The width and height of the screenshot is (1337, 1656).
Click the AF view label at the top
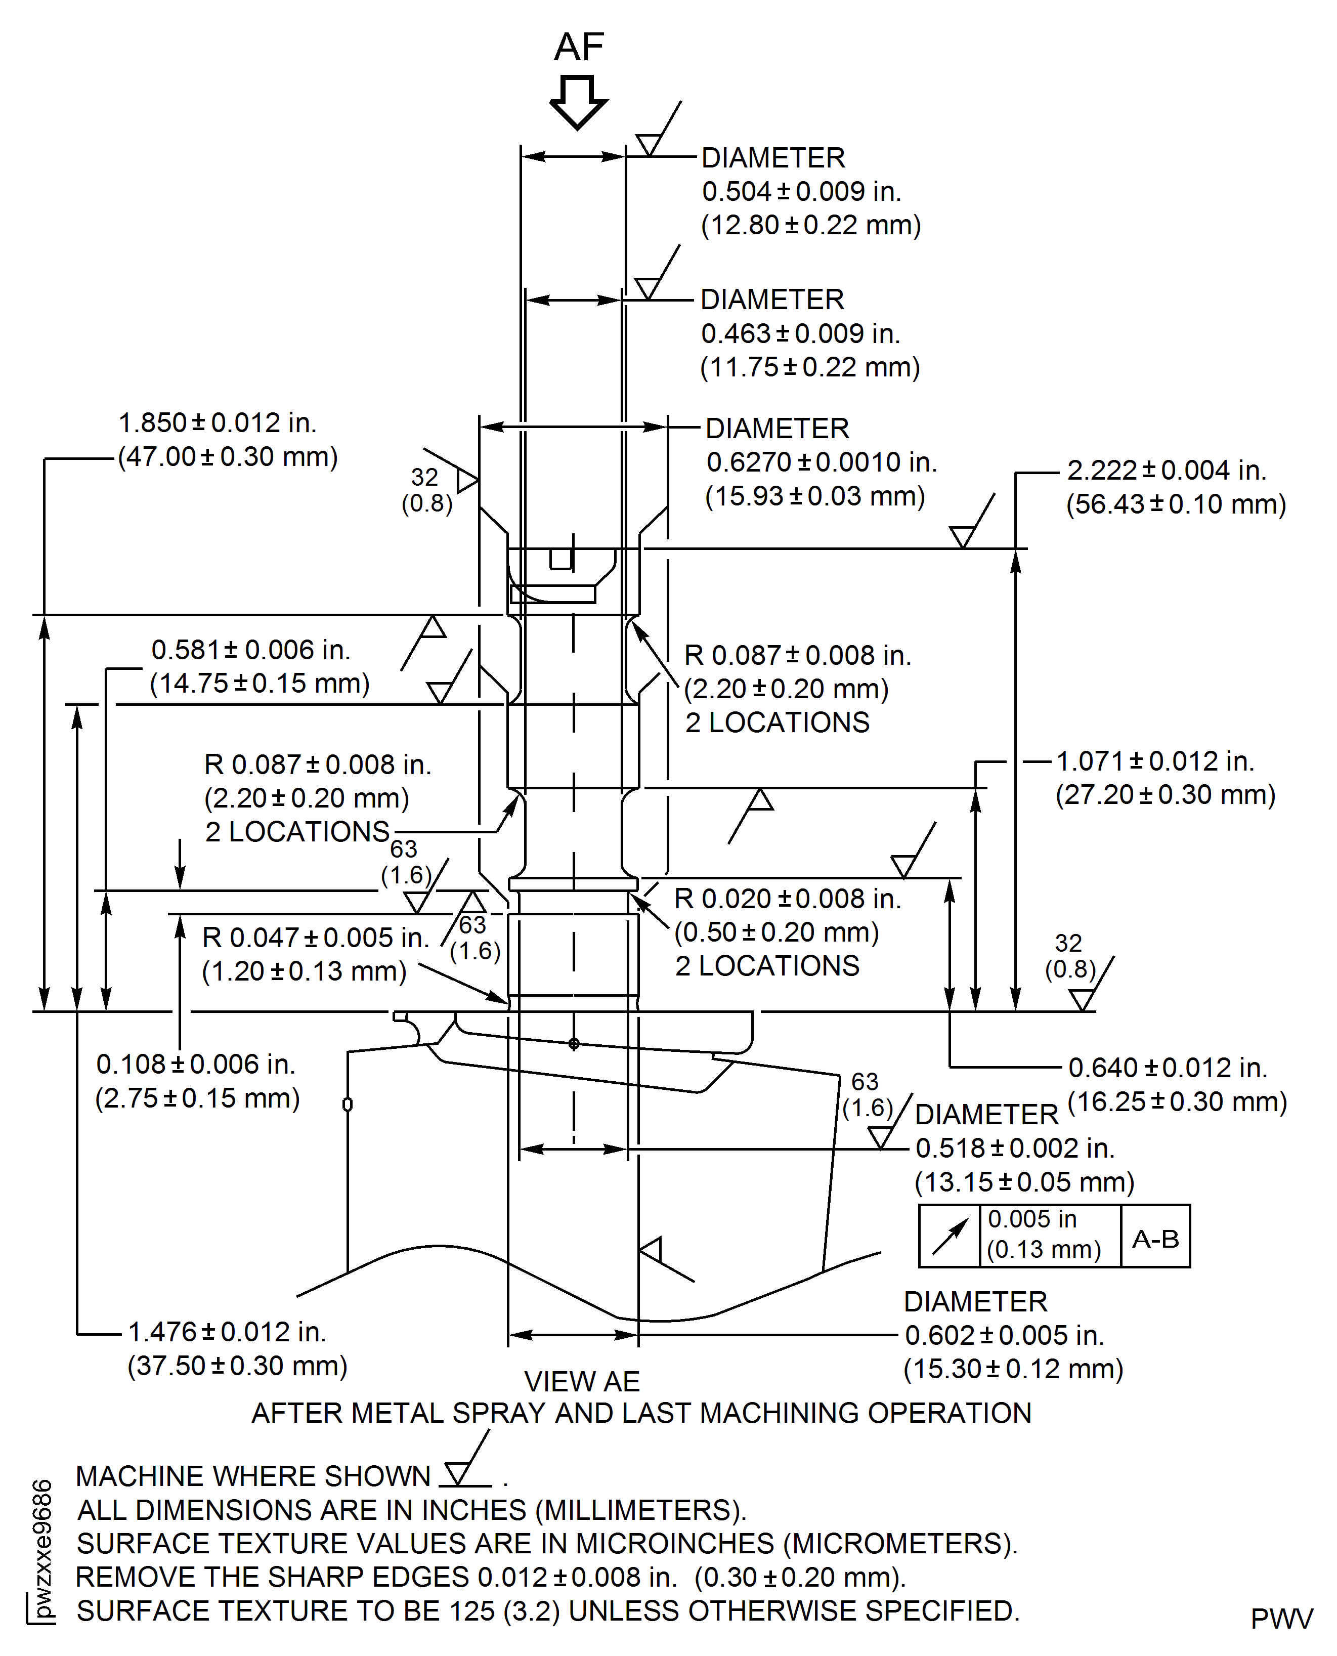[579, 48]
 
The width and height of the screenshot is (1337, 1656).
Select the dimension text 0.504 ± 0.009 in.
[801, 191]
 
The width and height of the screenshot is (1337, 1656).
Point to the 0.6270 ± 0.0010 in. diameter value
[821, 462]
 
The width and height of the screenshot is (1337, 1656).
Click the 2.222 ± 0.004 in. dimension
[1166, 470]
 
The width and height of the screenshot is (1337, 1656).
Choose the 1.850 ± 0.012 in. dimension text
[217, 423]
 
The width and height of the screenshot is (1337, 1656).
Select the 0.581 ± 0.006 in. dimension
[250, 650]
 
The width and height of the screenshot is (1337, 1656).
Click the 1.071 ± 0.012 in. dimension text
[1154, 761]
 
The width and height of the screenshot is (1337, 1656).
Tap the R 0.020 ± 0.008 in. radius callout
[787, 899]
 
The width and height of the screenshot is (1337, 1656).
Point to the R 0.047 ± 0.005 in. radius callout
[316, 938]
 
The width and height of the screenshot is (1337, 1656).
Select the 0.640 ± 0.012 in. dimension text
[1168, 1068]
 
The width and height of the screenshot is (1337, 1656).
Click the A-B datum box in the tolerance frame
[1155, 1239]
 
